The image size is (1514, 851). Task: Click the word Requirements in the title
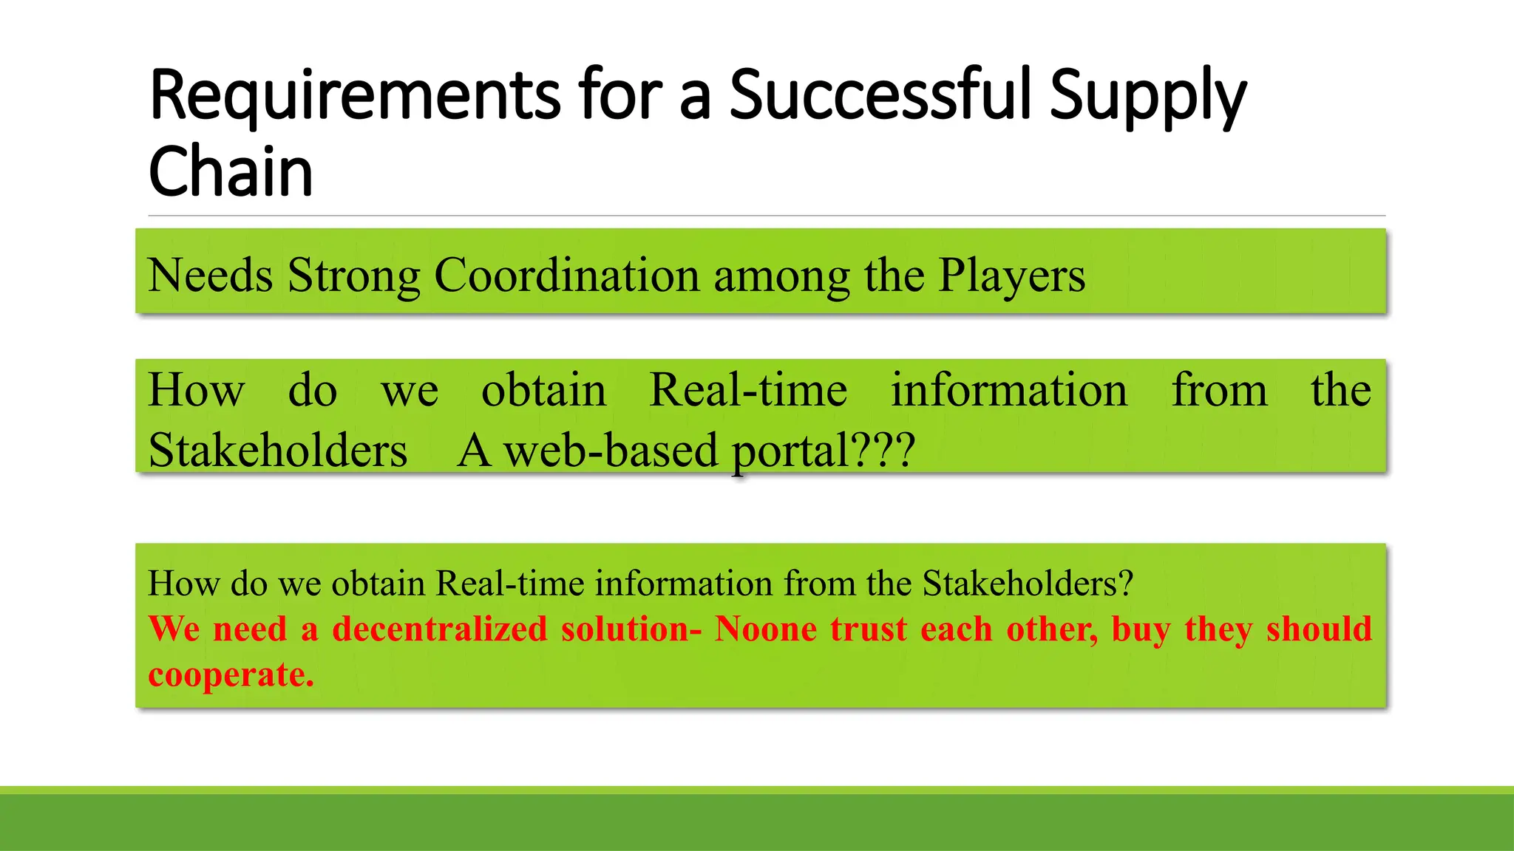pyautogui.click(x=355, y=96)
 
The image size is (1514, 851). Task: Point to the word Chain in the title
pyautogui.click(x=231, y=171)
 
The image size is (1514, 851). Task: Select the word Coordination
pyautogui.click(x=566, y=276)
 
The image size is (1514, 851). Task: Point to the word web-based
pyautogui.click(x=611, y=450)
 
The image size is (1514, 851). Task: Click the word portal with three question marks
pyautogui.click(x=824, y=451)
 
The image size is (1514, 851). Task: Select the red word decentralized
pyautogui.click(x=440, y=629)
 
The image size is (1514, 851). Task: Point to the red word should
pyautogui.click(x=1319, y=629)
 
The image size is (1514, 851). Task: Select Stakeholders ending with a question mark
pyautogui.click(x=1028, y=584)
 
